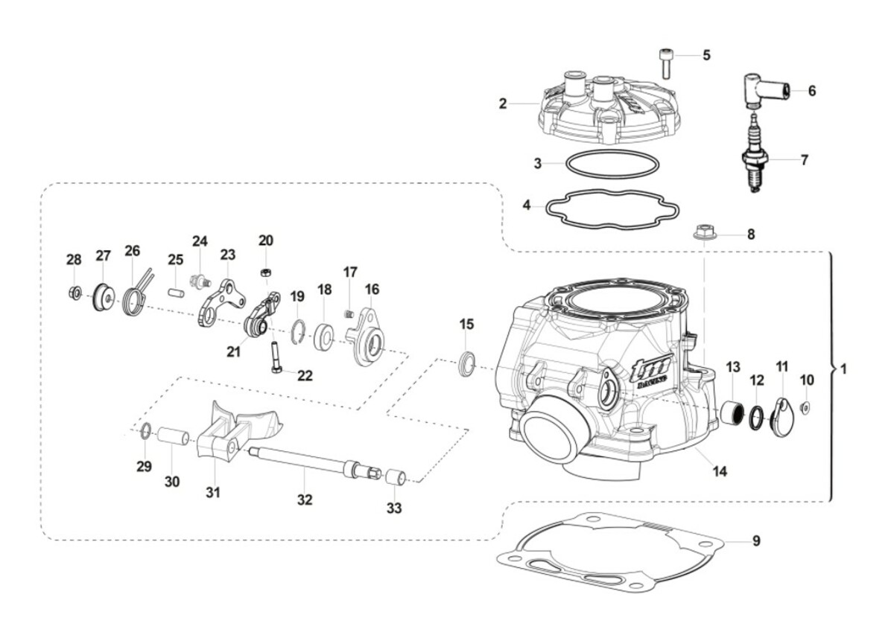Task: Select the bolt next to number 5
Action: pos(664,63)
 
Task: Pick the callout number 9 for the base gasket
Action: pos(756,541)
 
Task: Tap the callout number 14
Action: pos(719,471)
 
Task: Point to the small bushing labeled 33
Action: pos(393,476)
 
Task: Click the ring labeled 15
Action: pos(467,363)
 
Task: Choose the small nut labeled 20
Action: pos(266,272)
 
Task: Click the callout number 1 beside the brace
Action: pos(843,369)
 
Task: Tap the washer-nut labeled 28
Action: pos(75,293)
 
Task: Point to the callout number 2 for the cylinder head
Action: pos(503,103)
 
